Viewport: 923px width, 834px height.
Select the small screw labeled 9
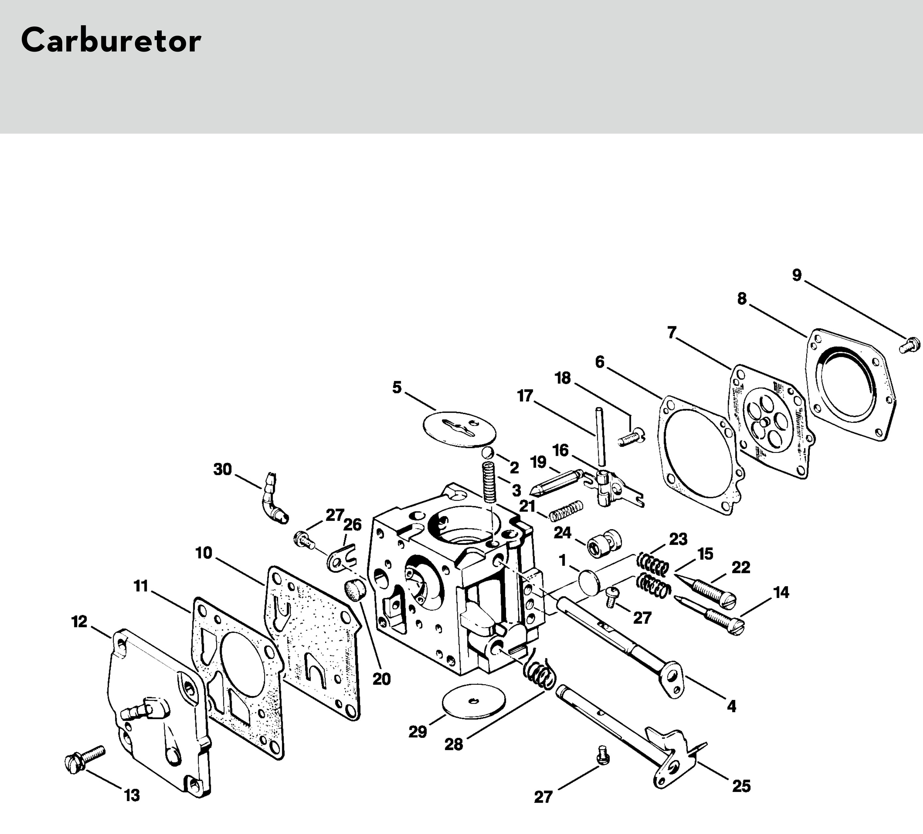click(909, 345)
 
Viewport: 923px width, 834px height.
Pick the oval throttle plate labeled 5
click(460, 429)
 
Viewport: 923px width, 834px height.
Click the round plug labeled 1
click(589, 582)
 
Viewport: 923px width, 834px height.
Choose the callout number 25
click(741, 786)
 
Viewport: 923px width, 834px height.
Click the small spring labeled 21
click(566, 511)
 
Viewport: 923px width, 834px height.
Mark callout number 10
click(204, 553)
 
